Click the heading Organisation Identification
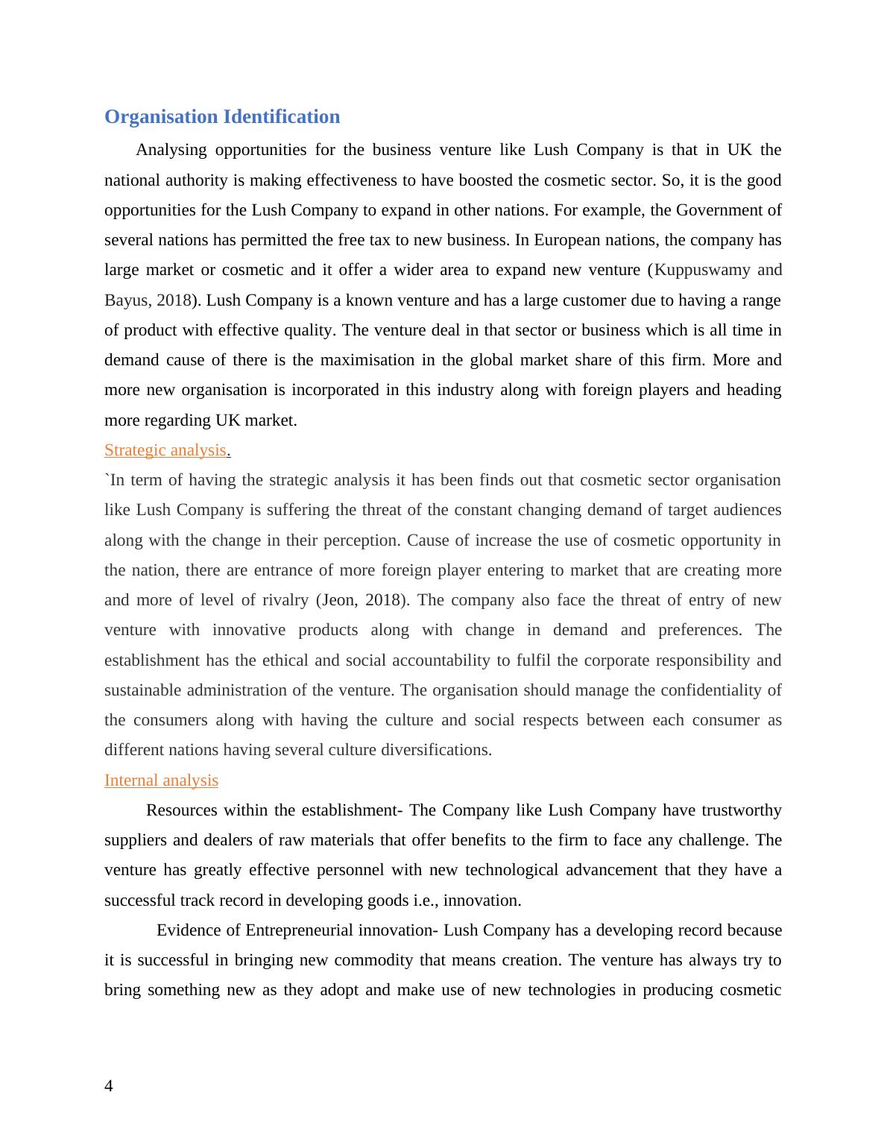coord(221,117)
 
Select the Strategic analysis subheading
coord(165,450)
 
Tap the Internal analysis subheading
coord(161,780)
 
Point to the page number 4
coord(109,1086)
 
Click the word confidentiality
coord(705,690)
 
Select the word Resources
coord(182,810)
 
